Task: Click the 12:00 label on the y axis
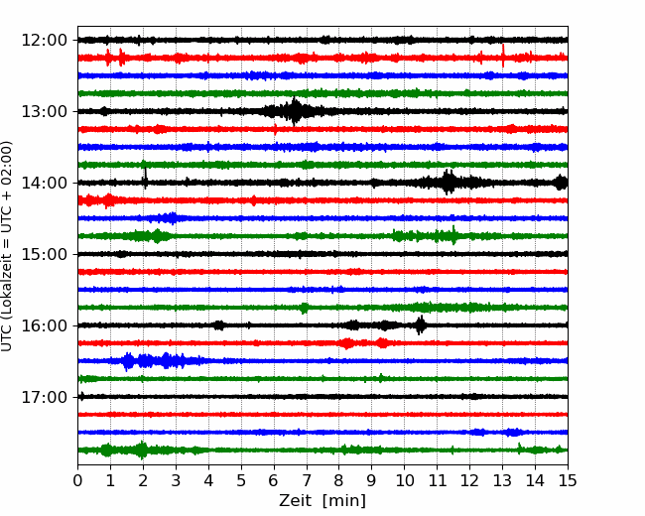tap(44, 41)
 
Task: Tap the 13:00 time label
tap(44, 111)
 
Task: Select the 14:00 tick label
tap(44, 183)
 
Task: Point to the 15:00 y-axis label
tap(44, 254)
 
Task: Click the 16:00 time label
tap(44, 325)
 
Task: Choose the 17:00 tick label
tap(44, 397)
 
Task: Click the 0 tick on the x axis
tap(77, 480)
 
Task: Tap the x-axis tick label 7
tap(307, 480)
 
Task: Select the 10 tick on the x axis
tap(404, 480)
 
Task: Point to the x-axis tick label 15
tap(568, 480)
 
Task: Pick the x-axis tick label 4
tap(208, 480)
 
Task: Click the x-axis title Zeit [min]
tap(322, 501)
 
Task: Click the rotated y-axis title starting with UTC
tap(6, 246)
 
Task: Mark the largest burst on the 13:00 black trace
tap(294, 111)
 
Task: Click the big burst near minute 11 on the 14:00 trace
tap(449, 182)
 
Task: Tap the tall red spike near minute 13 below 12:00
tap(503, 56)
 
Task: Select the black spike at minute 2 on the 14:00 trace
tap(145, 177)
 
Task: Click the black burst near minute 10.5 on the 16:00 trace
tap(420, 325)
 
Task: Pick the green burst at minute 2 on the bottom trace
tap(142, 450)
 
